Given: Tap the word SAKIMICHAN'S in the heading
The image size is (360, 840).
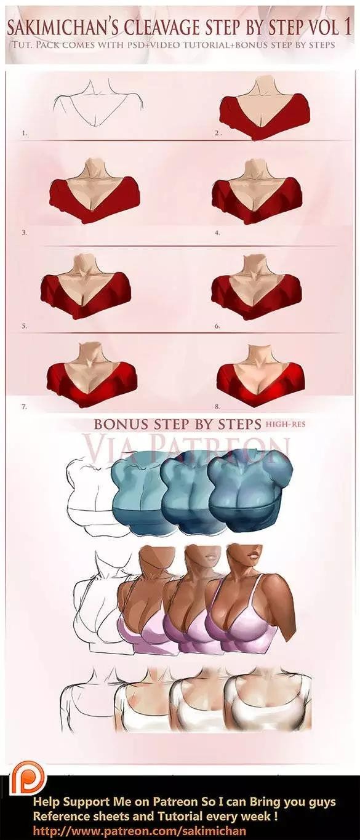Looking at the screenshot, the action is pyautogui.click(x=64, y=28).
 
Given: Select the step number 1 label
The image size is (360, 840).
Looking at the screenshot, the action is pyautogui.click(x=24, y=133).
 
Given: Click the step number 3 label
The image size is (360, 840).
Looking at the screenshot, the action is pyautogui.click(x=24, y=233).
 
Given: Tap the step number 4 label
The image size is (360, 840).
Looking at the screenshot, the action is pyautogui.click(x=217, y=233).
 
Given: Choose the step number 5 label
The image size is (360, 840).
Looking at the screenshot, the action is pyautogui.click(x=24, y=327).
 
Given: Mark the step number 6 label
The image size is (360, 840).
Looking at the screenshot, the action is pyautogui.click(x=217, y=327).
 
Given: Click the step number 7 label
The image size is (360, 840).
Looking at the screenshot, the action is pyautogui.click(x=24, y=407).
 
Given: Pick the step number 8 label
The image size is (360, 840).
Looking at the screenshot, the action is pyautogui.click(x=217, y=407).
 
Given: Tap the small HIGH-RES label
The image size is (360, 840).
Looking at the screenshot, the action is pyautogui.click(x=285, y=424).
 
